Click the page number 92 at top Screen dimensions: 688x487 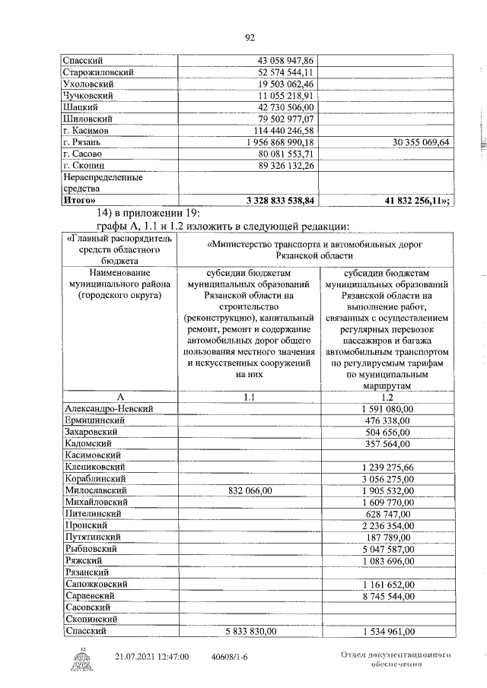pos(249,38)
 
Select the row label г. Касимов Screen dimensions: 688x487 pos(88,131)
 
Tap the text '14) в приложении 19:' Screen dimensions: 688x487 pos(146,213)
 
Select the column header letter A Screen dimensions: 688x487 pos(119,396)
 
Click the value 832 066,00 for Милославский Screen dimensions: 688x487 pos(250,491)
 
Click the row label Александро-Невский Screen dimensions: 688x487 pos(110,408)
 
